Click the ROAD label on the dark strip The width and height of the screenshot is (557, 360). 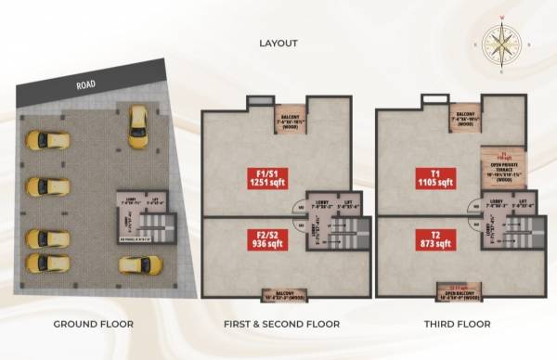pos(88,84)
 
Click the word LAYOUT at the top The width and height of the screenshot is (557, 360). pos(278,44)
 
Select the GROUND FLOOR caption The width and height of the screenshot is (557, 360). pos(93,324)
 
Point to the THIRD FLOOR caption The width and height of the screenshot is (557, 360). pos(457,324)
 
